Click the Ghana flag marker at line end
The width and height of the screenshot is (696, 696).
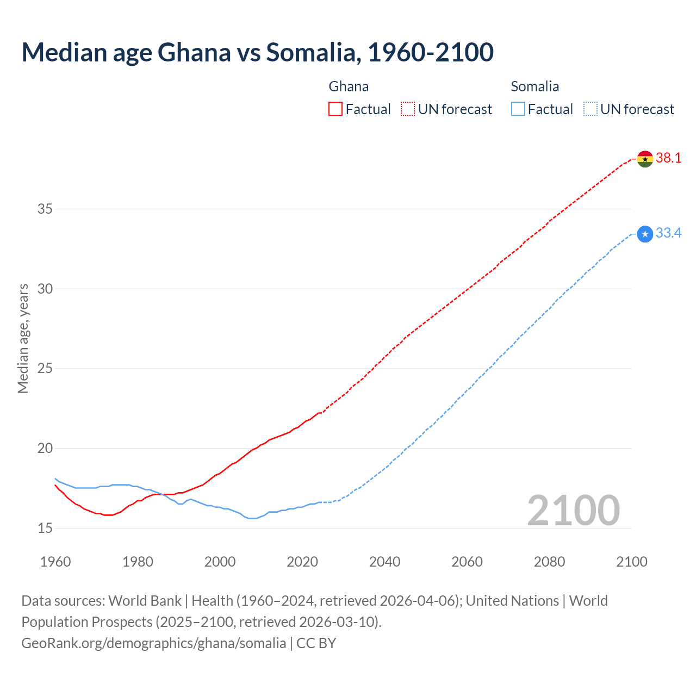tap(645, 159)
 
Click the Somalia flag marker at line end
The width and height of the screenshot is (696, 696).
tap(645, 234)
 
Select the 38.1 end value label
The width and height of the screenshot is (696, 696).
tap(668, 158)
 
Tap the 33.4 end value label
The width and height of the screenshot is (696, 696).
tap(668, 233)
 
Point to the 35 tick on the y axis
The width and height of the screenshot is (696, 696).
tap(45, 209)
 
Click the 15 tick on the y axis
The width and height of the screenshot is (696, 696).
tap(45, 528)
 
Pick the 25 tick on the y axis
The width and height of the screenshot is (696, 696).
tap(45, 369)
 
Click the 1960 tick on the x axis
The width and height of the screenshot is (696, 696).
tap(55, 562)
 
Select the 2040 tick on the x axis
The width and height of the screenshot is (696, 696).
tap(384, 562)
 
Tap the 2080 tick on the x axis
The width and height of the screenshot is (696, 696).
tap(549, 562)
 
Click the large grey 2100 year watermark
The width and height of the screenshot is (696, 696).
tap(573, 511)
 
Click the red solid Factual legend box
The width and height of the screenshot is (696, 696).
tap(335, 109)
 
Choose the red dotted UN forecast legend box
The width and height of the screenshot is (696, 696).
tap(408, 109)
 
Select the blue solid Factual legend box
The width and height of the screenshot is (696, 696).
tap(518, 109)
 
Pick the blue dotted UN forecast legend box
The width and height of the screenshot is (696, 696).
tap(591, 109)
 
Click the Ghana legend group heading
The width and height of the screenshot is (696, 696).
tap(349, 86)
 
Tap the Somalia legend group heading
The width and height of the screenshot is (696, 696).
tap(535, 86)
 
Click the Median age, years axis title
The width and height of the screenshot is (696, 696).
tap(23, 338)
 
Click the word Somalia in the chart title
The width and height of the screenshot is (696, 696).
tap(313, 52)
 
